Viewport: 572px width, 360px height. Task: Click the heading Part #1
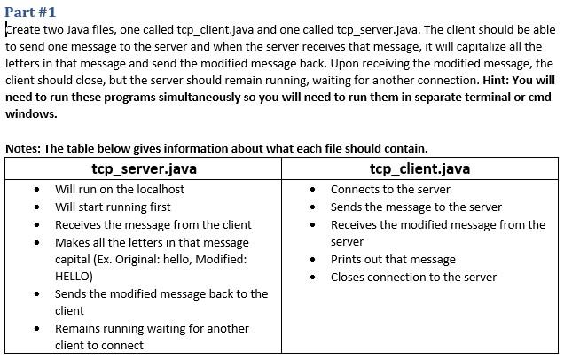pos(30,12)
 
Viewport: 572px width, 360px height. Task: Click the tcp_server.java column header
pos(144,168)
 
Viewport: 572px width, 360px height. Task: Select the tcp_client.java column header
pos(419,168)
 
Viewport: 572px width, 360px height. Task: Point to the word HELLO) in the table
pos(74,276)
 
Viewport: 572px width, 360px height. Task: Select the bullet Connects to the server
pos(390,189)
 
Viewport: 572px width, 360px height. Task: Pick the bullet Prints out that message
pos(393,259)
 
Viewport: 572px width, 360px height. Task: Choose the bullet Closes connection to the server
pos(413,277)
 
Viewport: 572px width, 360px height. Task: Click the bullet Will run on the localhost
pos(120,189)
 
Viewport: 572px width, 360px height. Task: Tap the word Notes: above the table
pos(22,148)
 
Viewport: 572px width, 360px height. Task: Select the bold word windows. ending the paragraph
pos(31,113)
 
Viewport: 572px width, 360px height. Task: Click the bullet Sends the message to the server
pos(416,207)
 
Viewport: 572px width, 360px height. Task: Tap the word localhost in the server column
pos(159,189)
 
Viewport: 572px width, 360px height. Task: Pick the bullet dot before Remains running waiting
pos(36,329)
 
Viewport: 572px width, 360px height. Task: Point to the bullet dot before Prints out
pos(313,260)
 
